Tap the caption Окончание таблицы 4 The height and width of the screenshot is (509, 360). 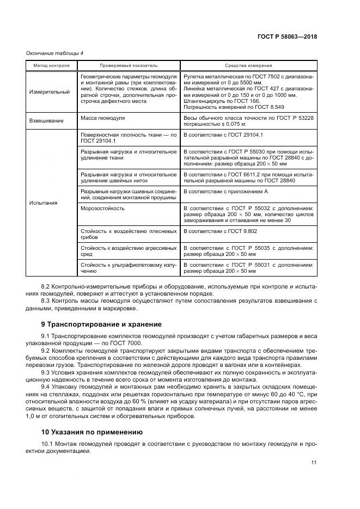(54, 53)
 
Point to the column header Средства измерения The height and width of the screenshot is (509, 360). (248, 65)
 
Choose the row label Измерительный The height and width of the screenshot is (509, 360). (49, 92)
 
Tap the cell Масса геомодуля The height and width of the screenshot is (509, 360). (103, 118)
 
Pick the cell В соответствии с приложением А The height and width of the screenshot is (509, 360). (225, 192)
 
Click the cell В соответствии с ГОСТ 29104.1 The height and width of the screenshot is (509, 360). (223, 134)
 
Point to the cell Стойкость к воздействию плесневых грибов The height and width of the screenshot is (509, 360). (127, 235)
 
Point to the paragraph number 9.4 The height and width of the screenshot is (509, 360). (46, 387)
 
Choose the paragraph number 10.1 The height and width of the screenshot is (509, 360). (47, 444)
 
